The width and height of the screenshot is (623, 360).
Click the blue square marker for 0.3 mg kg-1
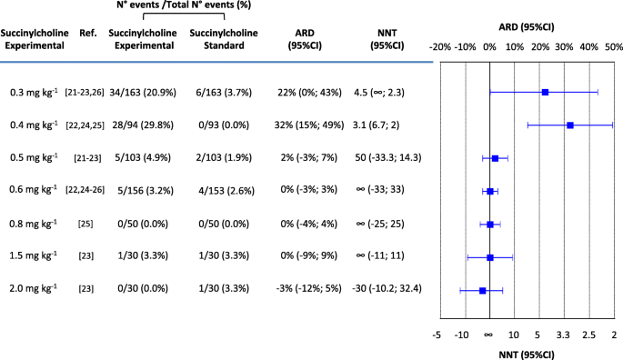pyautogui.click(x=545, y=93)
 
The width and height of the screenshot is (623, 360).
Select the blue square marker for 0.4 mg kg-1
pyautogui.click(x=570, y=125)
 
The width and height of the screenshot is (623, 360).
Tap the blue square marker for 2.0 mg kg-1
pyautogui.click(x=483, y=291)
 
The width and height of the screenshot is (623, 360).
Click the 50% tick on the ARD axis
pyautogui.click(x=614, y=46)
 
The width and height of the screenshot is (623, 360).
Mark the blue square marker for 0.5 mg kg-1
pyautogui.click(x=495, y=158)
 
